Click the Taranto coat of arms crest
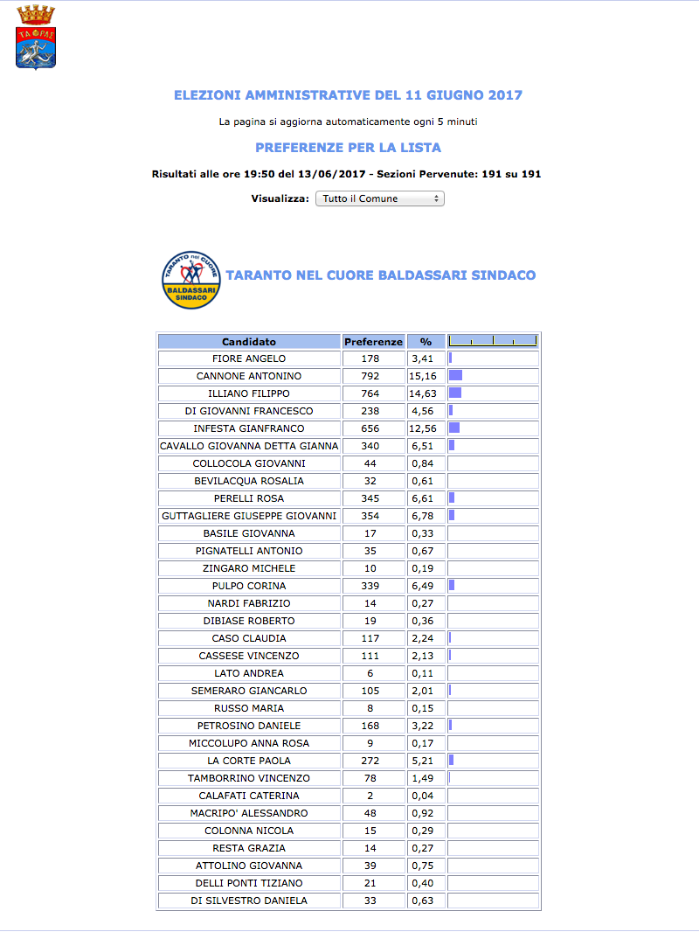coord(36,38)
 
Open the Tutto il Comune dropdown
coord(379,198)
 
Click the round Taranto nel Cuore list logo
coord(191,279)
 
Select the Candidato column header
coord(249,342)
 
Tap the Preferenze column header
coord(373,342)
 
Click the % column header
coord(426,342)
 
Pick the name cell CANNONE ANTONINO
coord(249,376)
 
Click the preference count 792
coord(373,376)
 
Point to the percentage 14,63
coord(426,393)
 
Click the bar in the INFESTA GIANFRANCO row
coord(454,428)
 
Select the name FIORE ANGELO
coord(249,358)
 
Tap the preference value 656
coord(373,428)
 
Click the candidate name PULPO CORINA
coord(249,586)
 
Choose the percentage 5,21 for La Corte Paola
coord(426,761)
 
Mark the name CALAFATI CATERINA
coord(249,796)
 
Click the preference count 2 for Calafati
coord(373,796)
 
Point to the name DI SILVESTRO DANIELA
coord(249,901)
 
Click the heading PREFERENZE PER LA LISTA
coord(348,148)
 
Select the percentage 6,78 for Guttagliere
coord(426,516)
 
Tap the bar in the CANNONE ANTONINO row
coord(455,376)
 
